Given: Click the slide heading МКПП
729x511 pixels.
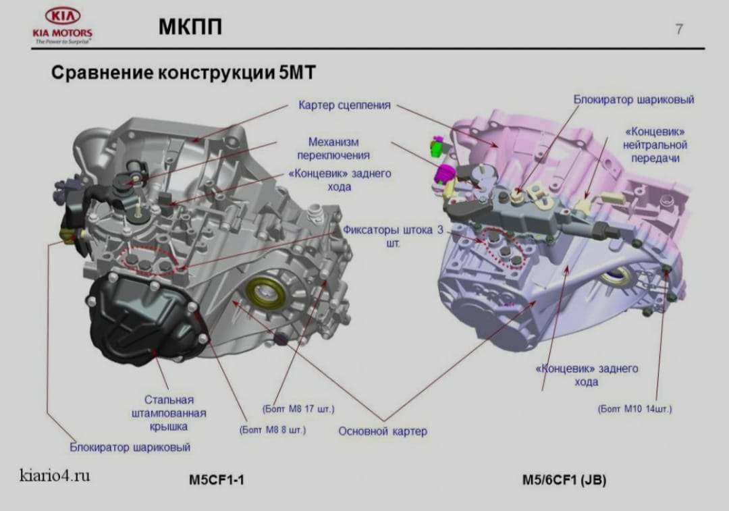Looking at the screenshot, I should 190,26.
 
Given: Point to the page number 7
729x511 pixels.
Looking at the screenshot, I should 678,29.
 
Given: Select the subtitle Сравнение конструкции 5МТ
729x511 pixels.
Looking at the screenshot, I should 184,72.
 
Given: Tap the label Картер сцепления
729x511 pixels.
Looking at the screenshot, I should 344,105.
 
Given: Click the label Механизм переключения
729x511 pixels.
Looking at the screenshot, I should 333,149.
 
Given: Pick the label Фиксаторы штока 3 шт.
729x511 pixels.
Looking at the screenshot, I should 393,236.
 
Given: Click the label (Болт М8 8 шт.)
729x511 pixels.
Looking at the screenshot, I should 272,429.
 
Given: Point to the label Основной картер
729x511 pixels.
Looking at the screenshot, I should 383,431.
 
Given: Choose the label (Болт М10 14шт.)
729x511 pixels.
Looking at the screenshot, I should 634,408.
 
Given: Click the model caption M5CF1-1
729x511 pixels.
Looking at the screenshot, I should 216,481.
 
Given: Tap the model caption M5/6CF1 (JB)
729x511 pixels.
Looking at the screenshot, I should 564,481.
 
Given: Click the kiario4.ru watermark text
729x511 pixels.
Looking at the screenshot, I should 55,475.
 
